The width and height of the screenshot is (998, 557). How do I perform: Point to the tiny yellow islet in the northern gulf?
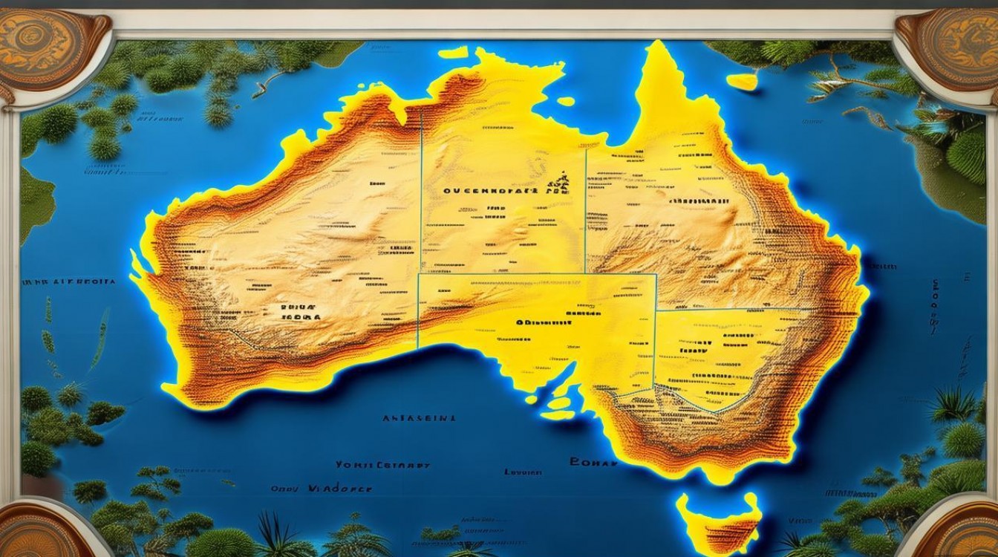point(566,101)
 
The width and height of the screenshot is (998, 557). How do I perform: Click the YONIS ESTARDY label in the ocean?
point(382,465)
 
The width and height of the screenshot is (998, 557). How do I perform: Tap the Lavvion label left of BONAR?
point(523,472)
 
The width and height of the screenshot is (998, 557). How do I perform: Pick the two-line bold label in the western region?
point(301,311)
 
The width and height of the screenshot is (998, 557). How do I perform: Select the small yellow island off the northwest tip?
point(452,53)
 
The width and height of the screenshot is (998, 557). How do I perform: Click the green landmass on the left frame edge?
point(33,201)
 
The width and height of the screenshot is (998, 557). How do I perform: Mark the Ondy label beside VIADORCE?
point(282,490)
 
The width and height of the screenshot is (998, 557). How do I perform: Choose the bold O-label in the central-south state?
point(542,323)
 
